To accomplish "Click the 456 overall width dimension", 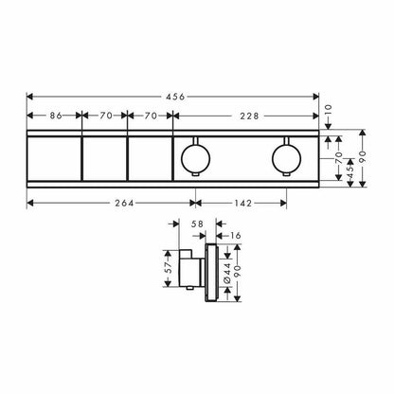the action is [175, 97].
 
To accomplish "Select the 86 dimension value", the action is [56, 116].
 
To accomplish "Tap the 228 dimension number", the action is [249, 116].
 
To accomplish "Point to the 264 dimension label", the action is [124, 204].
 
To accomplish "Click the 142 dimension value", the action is [242, 204].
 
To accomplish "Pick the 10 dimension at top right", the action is [329, 111].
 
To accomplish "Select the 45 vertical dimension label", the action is [350, 170].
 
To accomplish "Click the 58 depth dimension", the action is [197, 224].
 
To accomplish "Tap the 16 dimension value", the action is [235, 236].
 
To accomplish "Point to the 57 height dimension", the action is [169, 268].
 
